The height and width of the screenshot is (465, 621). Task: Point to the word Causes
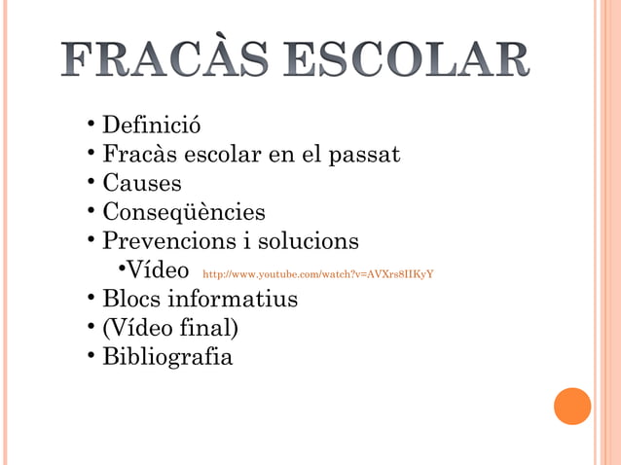coord(142,184)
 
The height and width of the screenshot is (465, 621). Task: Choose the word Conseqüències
coord(184,212)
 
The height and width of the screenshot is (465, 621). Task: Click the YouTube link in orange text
coord(317,274)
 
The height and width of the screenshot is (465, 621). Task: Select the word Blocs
coord(132,299)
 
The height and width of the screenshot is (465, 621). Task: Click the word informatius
coord(234,299)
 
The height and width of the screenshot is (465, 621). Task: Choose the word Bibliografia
coord(167,357)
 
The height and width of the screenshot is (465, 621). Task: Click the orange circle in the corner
coord(572,406)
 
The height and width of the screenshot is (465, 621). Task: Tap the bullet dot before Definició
coord(90,125)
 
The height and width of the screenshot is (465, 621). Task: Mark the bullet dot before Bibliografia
coord(90,355)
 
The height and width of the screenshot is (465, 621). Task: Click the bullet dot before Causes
coord(90,183)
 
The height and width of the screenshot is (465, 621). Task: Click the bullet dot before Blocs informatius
coord(90,298)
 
